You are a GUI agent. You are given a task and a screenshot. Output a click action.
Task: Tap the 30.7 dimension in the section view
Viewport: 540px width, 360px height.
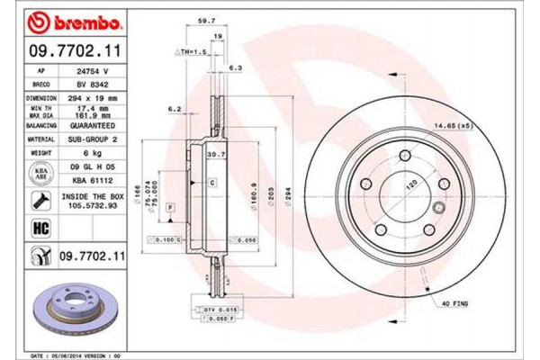[214, 154]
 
